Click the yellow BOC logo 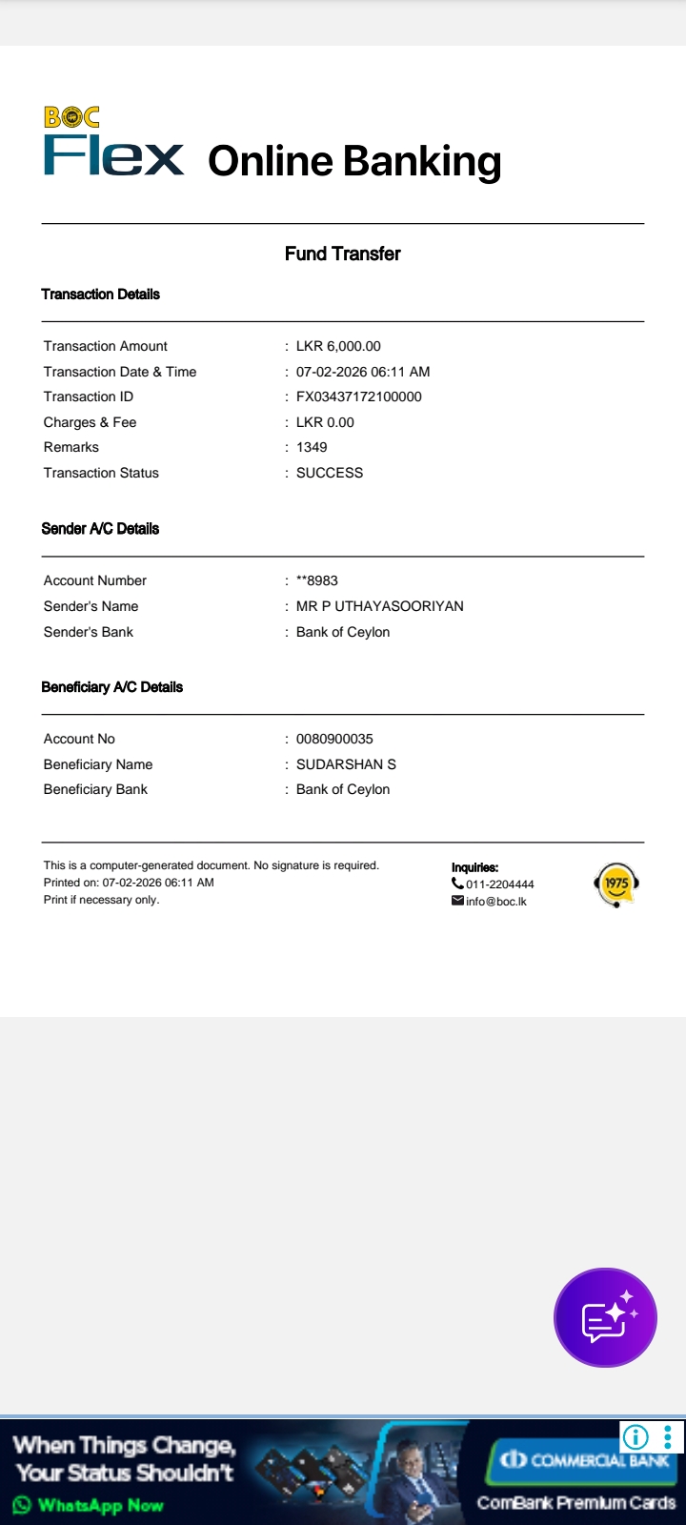coord(71,117)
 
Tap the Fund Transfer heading coord(342,254)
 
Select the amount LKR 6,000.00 coord(338,346)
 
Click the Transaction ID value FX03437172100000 coord(358,396)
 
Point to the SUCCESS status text coord(330,473)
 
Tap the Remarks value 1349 coord(312,447)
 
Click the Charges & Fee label coord(90,422)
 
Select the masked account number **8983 coord(317,580)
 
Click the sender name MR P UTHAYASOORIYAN coord(379,606)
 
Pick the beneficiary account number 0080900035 coord(334,739)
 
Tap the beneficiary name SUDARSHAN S coord(346,764)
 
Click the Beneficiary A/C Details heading coord(111,687)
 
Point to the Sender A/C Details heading coord(100,529)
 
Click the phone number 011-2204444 coord(499,884)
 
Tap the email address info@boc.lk coord(495,902)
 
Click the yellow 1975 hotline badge coord(615,884)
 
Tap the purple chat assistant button coord(605,1318)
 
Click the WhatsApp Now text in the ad coord(100,1506)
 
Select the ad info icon coord(636,1436)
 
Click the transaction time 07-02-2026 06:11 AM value coord(363,372)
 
